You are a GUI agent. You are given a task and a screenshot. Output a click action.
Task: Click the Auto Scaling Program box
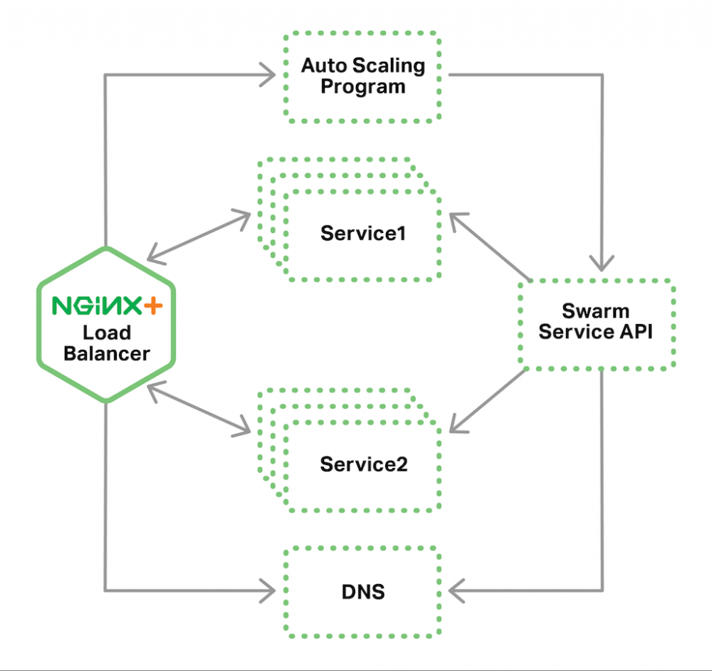(362, 77)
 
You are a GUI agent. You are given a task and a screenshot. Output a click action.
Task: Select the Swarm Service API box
(596, 324)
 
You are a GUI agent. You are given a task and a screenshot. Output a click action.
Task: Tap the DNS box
(362, 591)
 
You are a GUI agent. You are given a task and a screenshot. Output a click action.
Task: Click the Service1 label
(362, 233)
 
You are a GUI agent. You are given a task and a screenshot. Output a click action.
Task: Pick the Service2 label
(363, 464)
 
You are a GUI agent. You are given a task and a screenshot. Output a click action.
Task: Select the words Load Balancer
(107, 343)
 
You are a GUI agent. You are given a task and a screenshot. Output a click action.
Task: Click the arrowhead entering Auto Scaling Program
(269, 74)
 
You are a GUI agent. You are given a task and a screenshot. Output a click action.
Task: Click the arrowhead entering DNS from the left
(269, 590)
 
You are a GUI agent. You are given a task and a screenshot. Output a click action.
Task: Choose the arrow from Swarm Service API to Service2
(488, 403)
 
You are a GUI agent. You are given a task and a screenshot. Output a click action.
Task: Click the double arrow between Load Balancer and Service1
(199, 236)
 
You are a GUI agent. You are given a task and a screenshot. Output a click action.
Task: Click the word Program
(362, 87)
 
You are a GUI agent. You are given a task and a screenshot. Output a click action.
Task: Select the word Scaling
(389, 66)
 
